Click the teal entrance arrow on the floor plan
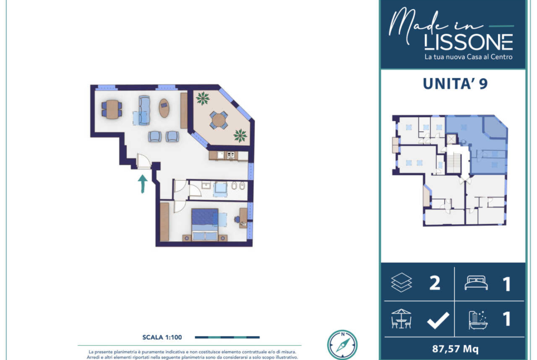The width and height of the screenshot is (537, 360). pos(142,184)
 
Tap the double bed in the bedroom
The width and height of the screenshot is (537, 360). pos(205,225)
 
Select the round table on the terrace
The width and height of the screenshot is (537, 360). pos(218,120)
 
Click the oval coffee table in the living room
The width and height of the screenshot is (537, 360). pos(164,108)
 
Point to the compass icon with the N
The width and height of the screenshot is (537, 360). pos(342,344)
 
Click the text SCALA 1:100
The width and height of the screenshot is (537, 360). pos(162,338)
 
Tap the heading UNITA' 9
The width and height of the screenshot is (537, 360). pos(455,84)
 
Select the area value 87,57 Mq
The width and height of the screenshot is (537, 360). pos(455,349)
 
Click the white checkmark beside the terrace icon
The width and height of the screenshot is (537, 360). pos(438,320)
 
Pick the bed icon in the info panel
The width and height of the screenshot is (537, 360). pos(476,282)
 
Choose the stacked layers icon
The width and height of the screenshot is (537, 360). pos(402,282)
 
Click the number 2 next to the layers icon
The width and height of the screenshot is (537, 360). pos(435,283)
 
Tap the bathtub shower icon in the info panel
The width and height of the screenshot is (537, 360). pos(478,320)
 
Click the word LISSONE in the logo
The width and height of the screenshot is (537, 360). pos(468,42)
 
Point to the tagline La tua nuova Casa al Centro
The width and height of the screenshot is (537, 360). pos(468,57)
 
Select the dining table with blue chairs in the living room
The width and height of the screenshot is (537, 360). pos(112,109)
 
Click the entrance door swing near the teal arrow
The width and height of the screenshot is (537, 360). pos(144,161)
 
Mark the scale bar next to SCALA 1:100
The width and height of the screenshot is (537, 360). pos(227,338)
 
